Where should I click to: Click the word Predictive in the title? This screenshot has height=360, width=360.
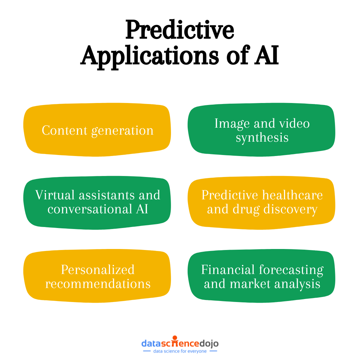[x=180, y=30]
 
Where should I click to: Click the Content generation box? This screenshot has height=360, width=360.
[x=97, y=130]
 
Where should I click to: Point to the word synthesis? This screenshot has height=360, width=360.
[x=262, y=137]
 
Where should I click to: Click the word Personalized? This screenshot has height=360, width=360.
[x=98, y=269]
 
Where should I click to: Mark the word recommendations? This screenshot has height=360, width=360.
[x=98, y=284]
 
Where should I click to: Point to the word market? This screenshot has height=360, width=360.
[x=246, y=284]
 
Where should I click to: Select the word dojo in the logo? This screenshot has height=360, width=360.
[x=209, y=343]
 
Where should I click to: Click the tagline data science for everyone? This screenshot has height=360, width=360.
[x=180, y=351]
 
